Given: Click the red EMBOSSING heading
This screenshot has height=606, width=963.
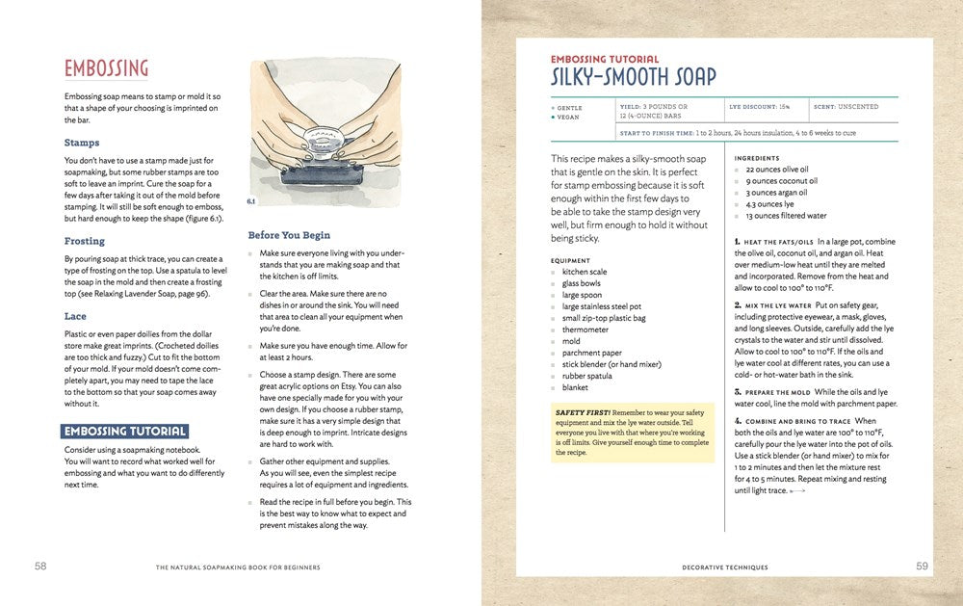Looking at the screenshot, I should (107, 69).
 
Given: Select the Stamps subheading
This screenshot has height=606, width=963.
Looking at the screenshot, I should (82, 144).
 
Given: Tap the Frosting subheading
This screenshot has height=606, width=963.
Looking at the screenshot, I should (85, 242).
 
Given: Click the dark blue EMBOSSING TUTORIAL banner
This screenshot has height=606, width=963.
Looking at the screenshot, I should (124, 432).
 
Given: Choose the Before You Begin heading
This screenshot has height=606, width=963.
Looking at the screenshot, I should (289, 235).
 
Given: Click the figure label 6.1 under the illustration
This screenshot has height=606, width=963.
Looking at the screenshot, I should (251, 201).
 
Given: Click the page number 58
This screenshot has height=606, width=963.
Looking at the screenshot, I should (40, 566).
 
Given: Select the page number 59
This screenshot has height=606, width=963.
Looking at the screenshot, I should (922, 566).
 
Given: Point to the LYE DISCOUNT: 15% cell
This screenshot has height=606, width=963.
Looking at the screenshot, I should (761, 107).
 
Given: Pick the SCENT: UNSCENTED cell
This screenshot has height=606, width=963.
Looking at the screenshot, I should (846, 107).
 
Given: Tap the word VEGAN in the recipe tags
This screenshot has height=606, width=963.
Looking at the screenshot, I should (569, 118).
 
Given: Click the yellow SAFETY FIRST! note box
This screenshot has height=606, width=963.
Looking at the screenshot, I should (632, 431).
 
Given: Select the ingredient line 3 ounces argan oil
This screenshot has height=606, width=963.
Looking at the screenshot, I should (776, 193).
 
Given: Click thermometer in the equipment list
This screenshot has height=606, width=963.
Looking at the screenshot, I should (586, 329).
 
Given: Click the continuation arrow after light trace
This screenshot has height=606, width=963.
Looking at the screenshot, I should (796, 491).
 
